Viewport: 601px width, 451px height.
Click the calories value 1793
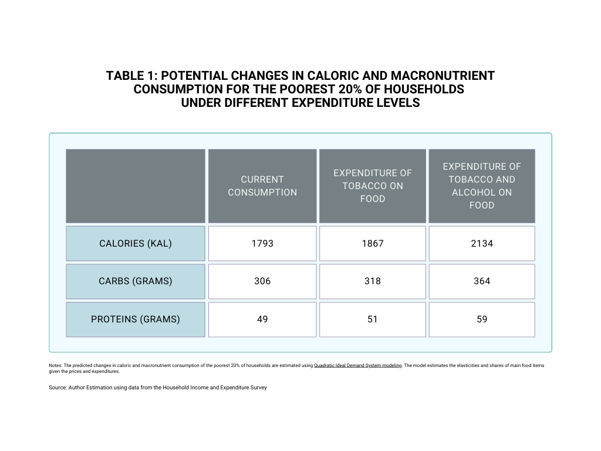click(x=262, y=243)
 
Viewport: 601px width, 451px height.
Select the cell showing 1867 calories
click(x=373, y=243)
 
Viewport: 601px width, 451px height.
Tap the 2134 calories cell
click(x=482, y=243)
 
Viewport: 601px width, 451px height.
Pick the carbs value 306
click(x=262, y=281)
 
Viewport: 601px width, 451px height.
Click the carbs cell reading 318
click(x=373, y=281)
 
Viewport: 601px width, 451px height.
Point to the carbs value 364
click(x=482, y=281)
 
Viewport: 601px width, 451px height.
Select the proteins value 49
click(x=262, y=319)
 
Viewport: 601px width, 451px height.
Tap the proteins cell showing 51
click(x=373, y=319)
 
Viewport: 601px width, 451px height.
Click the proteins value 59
click(x=482, y=319)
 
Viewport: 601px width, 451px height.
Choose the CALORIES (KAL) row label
click(x=136, y=243)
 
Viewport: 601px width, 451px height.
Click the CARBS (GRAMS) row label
click(x=136, y=281)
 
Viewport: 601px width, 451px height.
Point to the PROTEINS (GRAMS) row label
click(x=136, y=319)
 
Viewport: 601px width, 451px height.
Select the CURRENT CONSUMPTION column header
click(x=262, y=186)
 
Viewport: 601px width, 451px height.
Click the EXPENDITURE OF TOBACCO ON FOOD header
click(x=373, y=186)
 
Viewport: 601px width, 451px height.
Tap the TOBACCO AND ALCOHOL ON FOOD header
click(x=482, y=186)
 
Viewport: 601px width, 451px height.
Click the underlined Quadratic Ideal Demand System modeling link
click(x=358, y=366)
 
